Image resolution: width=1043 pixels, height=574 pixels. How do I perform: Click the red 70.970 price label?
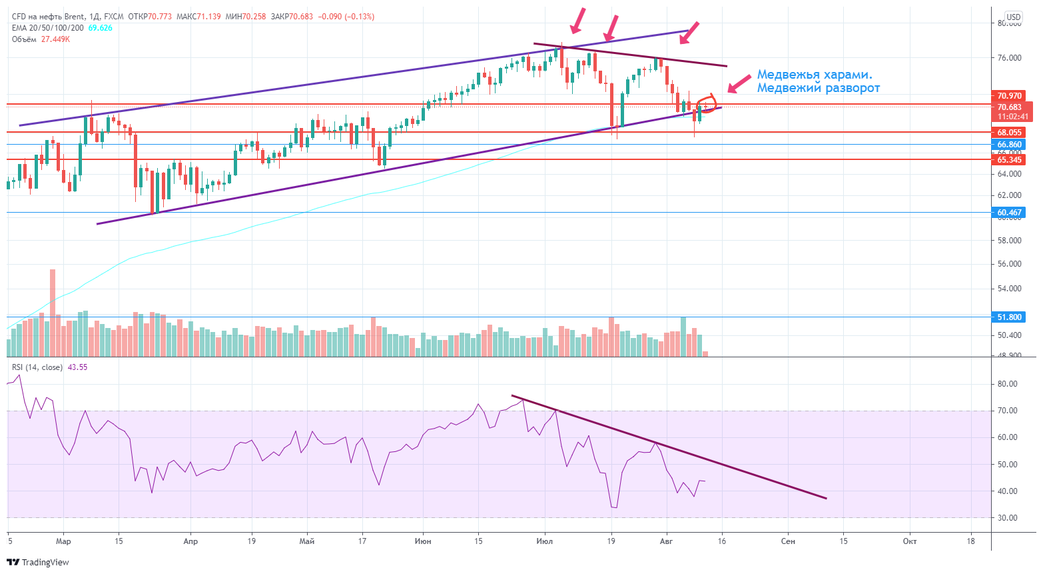[1009, 96]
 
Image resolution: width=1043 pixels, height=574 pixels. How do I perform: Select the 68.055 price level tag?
[1009, 133]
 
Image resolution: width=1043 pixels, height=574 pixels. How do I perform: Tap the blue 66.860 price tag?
[1009, 145]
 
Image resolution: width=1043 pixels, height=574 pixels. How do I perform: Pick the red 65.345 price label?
[1009, 160]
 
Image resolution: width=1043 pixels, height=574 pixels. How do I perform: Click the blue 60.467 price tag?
[1009, 213]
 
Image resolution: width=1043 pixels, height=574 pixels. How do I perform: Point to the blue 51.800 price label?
[1009, 317]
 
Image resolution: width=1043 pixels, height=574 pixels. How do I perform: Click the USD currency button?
[1013, 17]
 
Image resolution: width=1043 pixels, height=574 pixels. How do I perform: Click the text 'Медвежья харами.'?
[815, 75]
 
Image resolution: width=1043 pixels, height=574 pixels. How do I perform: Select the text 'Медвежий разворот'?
[818, 88]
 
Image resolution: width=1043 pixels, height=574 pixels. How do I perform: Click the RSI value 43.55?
[77, 367]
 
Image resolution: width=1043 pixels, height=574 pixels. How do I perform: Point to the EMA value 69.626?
[101, 28]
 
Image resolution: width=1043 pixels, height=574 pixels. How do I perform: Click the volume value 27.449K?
[55, 39]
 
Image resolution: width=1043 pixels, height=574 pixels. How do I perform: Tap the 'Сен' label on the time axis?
[788, 541]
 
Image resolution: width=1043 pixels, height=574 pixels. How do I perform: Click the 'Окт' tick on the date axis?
[909, 541]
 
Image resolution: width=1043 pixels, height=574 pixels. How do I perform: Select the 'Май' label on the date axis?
[307, 541]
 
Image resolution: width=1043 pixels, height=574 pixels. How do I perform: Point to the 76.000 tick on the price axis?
[1009, 58]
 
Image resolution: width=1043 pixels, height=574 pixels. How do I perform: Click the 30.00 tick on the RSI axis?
[1007, 518]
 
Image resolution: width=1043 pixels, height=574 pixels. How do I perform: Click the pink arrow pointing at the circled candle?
[739, 84]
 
